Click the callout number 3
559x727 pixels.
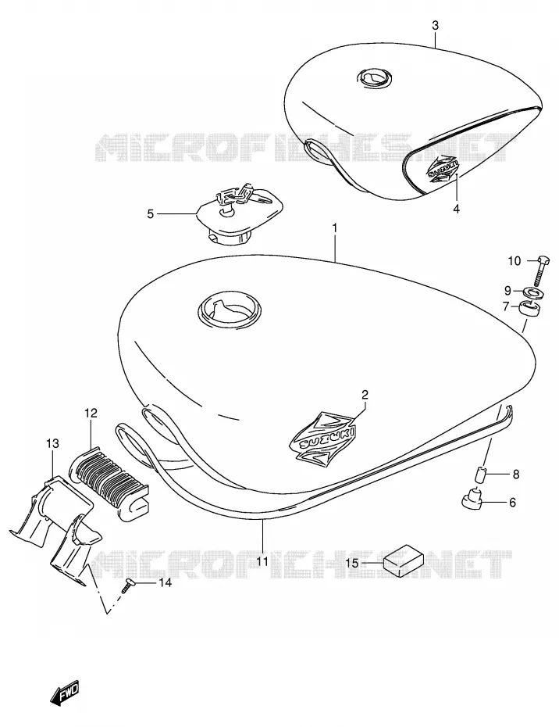[x=435, y=26]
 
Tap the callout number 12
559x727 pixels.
[x=91, y=413]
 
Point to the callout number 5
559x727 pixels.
[x=150, y=213]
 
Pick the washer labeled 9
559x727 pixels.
[x=533, y=292]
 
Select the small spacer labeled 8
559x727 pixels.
[x=479, y=475]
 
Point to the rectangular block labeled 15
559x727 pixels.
[x=404, y=560]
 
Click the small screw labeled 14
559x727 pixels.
[x=126, y=586]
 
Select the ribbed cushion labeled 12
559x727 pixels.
[x=110, y=479]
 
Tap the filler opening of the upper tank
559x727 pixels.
[x=375, y=77]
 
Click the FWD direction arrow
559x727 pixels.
[x=64, y=693]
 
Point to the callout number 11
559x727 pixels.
[x=262, y=562]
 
